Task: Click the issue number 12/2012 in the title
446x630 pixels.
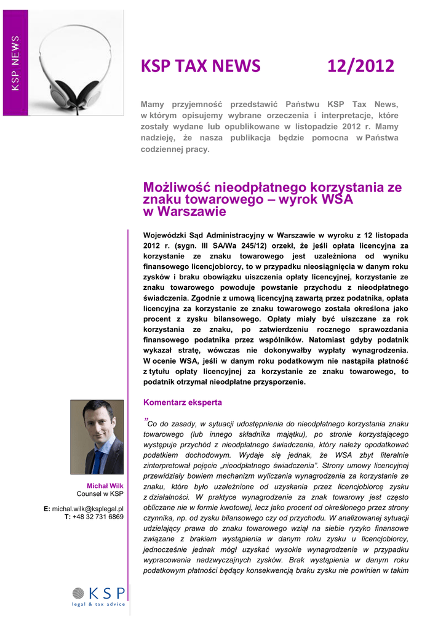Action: [x=360, y=65]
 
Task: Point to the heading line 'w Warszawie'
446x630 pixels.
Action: [x=185, y=212]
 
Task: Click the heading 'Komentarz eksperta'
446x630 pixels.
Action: [x=183, y=402]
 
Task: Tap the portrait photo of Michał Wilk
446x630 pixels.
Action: [x=97, y=437]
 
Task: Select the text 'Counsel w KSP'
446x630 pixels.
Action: [x=100, y=494]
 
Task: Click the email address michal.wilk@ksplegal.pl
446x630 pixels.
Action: [x=88, y=509]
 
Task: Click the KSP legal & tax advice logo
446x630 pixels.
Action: [x=98, y=596]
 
